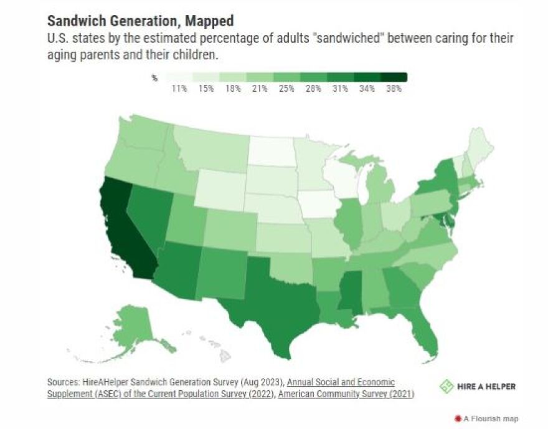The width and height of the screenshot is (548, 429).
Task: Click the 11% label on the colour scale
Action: pyautogui.click(x=179, y=89)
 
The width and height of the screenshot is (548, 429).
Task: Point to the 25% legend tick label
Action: pyautogui.click(x=286, y=89)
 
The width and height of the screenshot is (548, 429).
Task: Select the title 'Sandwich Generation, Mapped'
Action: pyautogui.click(x=140, y=21)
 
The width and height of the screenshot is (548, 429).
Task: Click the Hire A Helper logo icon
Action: pyautogui.click(x=446, y=387)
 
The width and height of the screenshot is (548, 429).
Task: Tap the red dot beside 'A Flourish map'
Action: pyautogui.click(x=457, y=418)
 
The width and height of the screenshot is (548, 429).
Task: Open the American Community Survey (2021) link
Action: pyautogui.click(x=346, y=393)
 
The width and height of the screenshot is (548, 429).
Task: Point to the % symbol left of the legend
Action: pyautogui.click(x=154, y=77)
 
